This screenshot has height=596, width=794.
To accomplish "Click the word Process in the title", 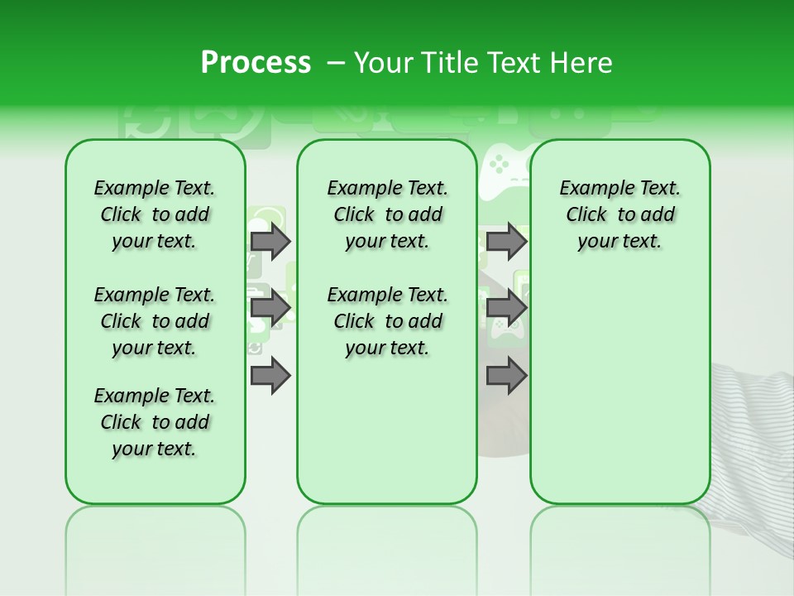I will (256, 63).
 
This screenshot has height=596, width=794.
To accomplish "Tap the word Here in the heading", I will (581, 63).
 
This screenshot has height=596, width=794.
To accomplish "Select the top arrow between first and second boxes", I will (270, 241).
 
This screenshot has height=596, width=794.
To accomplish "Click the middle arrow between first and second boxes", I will (270, 308).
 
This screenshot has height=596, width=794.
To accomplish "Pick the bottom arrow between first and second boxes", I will (270, 376).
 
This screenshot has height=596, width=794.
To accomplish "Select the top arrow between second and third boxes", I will (505, 241).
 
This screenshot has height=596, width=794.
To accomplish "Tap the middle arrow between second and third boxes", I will (505, 308).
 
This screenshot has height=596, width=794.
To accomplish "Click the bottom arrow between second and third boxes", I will (505, 376).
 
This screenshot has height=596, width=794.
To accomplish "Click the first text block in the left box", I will (155, 214).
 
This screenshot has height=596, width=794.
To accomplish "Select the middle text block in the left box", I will (155, 321).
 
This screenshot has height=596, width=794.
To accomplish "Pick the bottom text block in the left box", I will (155, 422).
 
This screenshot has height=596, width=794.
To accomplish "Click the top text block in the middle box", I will (387, 214).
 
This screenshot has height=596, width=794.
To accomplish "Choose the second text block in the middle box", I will (387, 321).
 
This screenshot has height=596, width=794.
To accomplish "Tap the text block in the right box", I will (619, 214).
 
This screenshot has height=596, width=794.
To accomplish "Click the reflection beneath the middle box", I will (387, 538).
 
